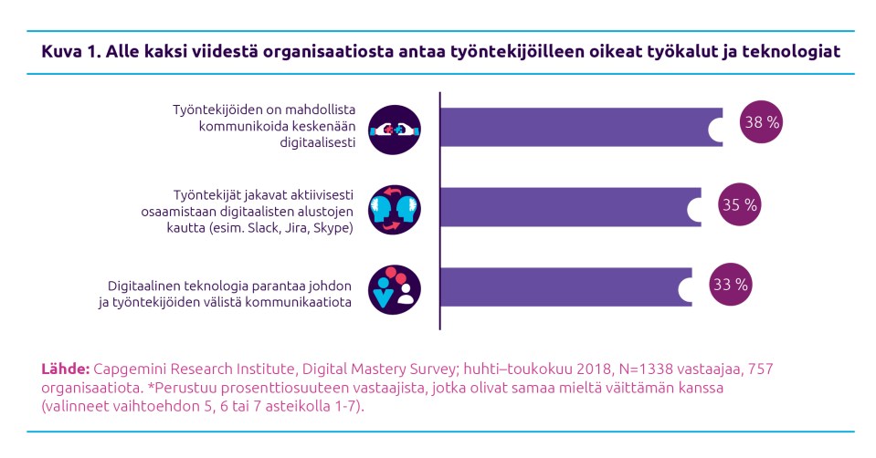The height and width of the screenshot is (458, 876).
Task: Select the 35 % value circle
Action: click(740, 205)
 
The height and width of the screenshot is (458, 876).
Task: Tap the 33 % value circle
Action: click(730, 285)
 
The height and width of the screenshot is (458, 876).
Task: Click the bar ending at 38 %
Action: click(575, 126)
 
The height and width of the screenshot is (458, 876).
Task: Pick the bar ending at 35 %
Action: click(566, 206)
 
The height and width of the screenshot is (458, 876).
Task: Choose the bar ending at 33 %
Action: click(562, 286)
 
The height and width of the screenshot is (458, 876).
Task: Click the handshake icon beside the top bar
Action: click(395, 130)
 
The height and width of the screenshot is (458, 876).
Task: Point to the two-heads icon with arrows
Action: click(395, 209)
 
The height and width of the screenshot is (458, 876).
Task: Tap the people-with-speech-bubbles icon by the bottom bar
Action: click(395, 288)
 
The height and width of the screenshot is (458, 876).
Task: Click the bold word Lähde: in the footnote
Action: click(64, 369)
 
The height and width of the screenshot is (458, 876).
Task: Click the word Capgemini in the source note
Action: click(129, 369)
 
